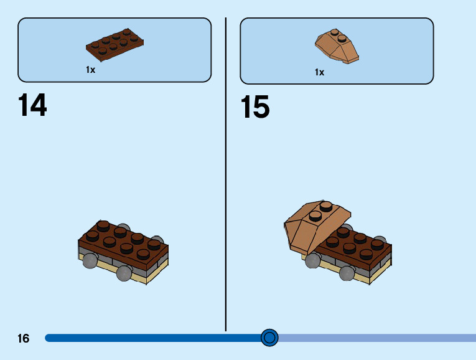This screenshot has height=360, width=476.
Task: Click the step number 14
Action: (x=32, y=105)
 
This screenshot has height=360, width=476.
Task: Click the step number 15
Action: (x=255, y=108)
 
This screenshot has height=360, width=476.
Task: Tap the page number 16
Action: (x=23, y=339)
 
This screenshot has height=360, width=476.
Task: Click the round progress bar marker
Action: (x=269, y=338)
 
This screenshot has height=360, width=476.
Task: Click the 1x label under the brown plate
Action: (x=91, y=70)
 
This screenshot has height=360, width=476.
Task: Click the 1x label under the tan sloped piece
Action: (x=319, y=72)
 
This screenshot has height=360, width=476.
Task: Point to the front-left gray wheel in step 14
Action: (x=90, y=260)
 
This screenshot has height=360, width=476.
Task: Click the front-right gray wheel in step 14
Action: (x=124, y=273)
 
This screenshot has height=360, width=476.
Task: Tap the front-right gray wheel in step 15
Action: (x=346, y=273)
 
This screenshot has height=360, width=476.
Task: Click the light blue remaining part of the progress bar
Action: (x=373, y=338)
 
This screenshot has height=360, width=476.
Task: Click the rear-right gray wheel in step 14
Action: (x=157, y=240)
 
